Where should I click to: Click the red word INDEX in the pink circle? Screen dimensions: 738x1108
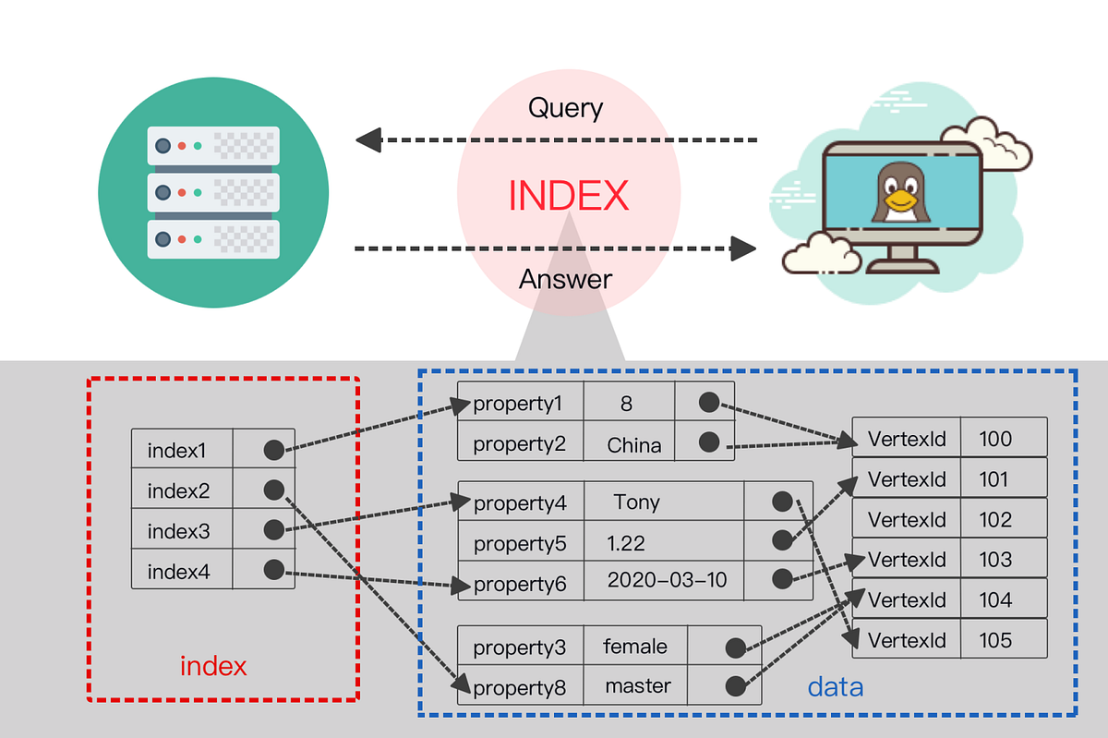pos(569,195)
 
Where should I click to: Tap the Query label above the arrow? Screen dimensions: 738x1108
pos(565,108)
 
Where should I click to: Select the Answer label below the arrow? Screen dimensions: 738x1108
pos(565,278)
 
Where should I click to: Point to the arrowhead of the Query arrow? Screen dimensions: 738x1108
pos(368,140)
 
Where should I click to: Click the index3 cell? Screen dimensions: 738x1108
pos(179,531)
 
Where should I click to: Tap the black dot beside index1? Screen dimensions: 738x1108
pos(273,450)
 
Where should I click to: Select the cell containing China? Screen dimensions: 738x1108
pos(633,445)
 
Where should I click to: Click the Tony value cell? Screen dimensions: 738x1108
pos(636,502)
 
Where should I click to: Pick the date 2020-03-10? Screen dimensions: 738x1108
pos(667,580)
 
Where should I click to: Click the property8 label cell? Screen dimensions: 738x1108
pos(519,687)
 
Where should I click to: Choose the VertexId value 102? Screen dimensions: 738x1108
pos(994,520)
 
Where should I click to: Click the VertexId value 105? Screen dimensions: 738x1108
pos(994,640)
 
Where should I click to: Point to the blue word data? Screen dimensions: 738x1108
pos(835,686)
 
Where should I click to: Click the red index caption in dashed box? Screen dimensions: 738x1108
pos(213,666)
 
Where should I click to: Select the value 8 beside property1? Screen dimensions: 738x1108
pos(627,403)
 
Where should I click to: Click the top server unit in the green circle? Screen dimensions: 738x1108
pos(213,146)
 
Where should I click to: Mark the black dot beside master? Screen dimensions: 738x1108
pos(735,686)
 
